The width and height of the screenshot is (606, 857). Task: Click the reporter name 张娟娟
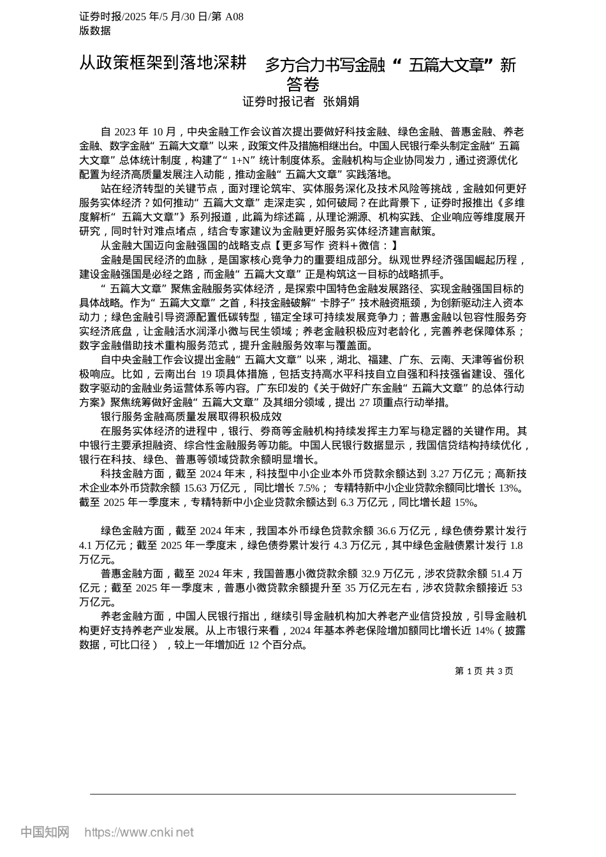341,101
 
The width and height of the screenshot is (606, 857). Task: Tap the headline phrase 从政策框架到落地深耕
163,63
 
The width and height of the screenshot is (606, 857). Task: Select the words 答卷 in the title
302,84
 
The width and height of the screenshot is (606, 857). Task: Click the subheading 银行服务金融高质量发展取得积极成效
191,416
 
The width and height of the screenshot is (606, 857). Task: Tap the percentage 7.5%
309,488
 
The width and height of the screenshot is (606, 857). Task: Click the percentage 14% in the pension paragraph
485,631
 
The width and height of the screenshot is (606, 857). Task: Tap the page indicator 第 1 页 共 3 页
484,671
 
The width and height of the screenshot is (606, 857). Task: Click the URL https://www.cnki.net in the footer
139,832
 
